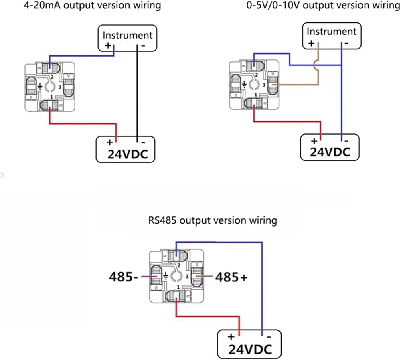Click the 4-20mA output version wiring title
click(x=92, y=5)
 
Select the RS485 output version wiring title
click(x=213, y=220)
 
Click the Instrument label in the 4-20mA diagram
click(x=128, y=35)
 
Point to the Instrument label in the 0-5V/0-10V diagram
click(x=332, y=31)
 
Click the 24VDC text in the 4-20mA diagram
click(x=128, y=154)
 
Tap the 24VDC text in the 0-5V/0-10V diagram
click(x=330, y=152)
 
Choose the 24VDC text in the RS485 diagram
click(x=250, y=349)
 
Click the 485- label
click(x=124, y=277)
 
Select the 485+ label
click(x=231, y=277)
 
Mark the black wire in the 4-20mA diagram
click(x=137, y=93)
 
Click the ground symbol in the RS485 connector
click(x=166, y=276)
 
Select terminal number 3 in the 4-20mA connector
click(x=60, y=87)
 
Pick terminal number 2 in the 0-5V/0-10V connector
click(x=257, y=75)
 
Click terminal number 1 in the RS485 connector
click(x=178, y=287)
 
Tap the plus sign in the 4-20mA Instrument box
click(x=108, y=46)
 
